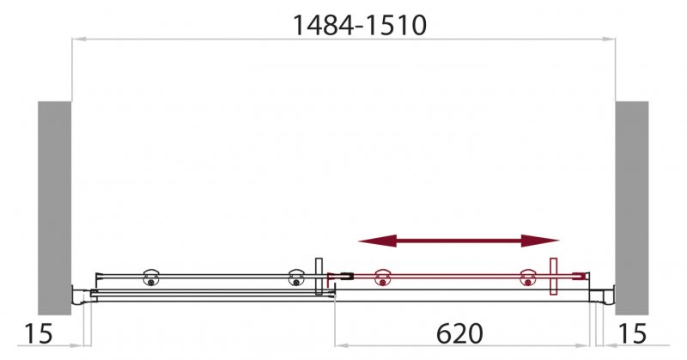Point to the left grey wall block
point(53,206)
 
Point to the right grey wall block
point(631,206)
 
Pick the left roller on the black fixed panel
point(151,277)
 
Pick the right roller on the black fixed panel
point(295,278)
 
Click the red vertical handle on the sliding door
point(555,277)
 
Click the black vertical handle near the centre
point(319,275)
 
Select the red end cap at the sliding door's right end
point(585,277)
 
